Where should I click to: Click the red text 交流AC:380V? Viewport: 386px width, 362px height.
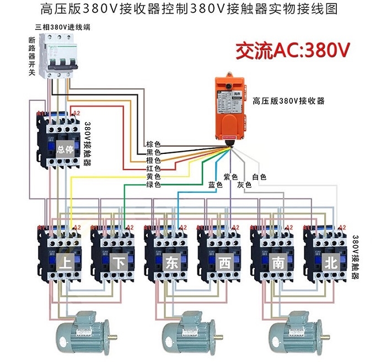pyautogui.click(x=293, y=51)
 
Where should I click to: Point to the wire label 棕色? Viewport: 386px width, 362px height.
pyautogui.click(x=153, y=143)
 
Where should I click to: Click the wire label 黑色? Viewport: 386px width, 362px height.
pyautogui.click(x=153, y=152)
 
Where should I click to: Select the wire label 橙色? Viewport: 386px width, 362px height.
pyautogui.click(x=153, y=160)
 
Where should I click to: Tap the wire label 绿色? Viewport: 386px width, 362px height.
pyautogui.click(x=153, y=185)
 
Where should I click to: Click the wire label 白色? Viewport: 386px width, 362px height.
pyautogui.click(x=259, y=177)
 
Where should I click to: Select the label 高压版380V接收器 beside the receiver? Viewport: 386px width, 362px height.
pyautogui.click(x=288, y=101)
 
